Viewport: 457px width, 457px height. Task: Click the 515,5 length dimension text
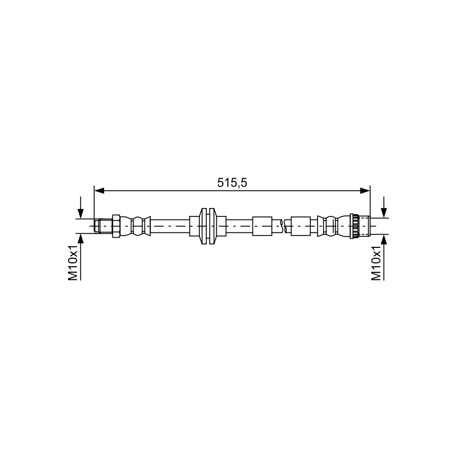(x=232, y=183)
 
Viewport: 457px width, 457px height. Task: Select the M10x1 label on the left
(x=73, y=263)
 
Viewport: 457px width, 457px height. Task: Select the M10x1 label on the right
(x=376, y=263)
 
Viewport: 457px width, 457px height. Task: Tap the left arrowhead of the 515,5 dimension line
(x=99, y=191)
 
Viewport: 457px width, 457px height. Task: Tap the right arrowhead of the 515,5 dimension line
(x=365, y=191)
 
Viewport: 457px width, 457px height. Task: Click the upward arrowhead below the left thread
(x=81, y=238)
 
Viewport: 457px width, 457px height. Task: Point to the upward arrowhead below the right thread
(x=384, y=239)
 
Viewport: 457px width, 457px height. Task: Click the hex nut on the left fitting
(x=116, y=226)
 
